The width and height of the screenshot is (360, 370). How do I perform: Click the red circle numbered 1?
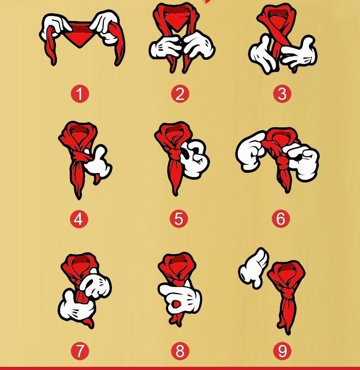click(x=80, y=94)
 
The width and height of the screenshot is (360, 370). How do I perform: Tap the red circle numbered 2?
click(x=180, y=94)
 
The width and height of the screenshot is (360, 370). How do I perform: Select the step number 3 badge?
click(x=282, y=94)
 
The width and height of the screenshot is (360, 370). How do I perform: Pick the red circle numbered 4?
click(x=79, y=219)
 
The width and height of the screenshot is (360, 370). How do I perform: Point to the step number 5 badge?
click(x=179, y=219)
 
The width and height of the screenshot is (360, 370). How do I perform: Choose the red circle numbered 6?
click(x=281, y=219)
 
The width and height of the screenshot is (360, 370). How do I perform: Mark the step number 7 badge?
click(x=80, y=351)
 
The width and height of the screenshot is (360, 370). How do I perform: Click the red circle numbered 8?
click(x=180, y=351)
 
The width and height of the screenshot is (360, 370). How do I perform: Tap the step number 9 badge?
click(x=282, y=351)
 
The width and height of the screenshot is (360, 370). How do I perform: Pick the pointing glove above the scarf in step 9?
click(x=253, y=268)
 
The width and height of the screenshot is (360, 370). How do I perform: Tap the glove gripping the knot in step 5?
click(x=195, y=158)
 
